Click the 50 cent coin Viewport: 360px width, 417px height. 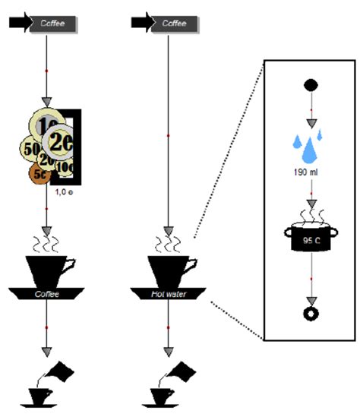pos(32,149)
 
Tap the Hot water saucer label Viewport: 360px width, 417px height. pos(169,292)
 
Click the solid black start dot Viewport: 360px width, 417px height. pos(310,84)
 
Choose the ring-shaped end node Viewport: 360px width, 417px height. pos(310,314)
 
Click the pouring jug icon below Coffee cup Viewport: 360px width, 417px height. pos(48,384)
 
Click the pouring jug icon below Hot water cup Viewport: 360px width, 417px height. pos(169,384)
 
